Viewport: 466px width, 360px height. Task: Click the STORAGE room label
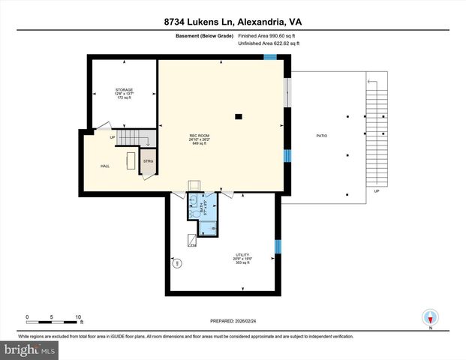coord(124,89)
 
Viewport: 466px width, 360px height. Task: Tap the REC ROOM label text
coord(198,135)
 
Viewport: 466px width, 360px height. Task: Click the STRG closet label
coord(148,161)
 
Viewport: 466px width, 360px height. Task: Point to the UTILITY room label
coord(242,255)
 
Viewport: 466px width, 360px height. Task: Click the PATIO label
coord(321,136)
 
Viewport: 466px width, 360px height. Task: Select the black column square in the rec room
coord(238,116)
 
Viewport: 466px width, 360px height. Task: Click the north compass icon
coord(431,316)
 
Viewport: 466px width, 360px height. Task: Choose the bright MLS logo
coord(29,349)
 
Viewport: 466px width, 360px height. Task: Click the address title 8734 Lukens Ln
coord(233,22)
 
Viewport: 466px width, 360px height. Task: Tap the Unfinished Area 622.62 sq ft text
coord(269,43)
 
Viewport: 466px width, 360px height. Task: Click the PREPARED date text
coord(233,319)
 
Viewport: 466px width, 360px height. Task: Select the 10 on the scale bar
coord(77,316)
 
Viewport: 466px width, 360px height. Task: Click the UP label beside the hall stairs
coord(113,137)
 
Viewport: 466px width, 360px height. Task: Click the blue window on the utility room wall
coord(278,246)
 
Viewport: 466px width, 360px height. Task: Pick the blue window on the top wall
coord(270,57)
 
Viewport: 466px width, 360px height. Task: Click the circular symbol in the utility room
coord(178,263)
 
